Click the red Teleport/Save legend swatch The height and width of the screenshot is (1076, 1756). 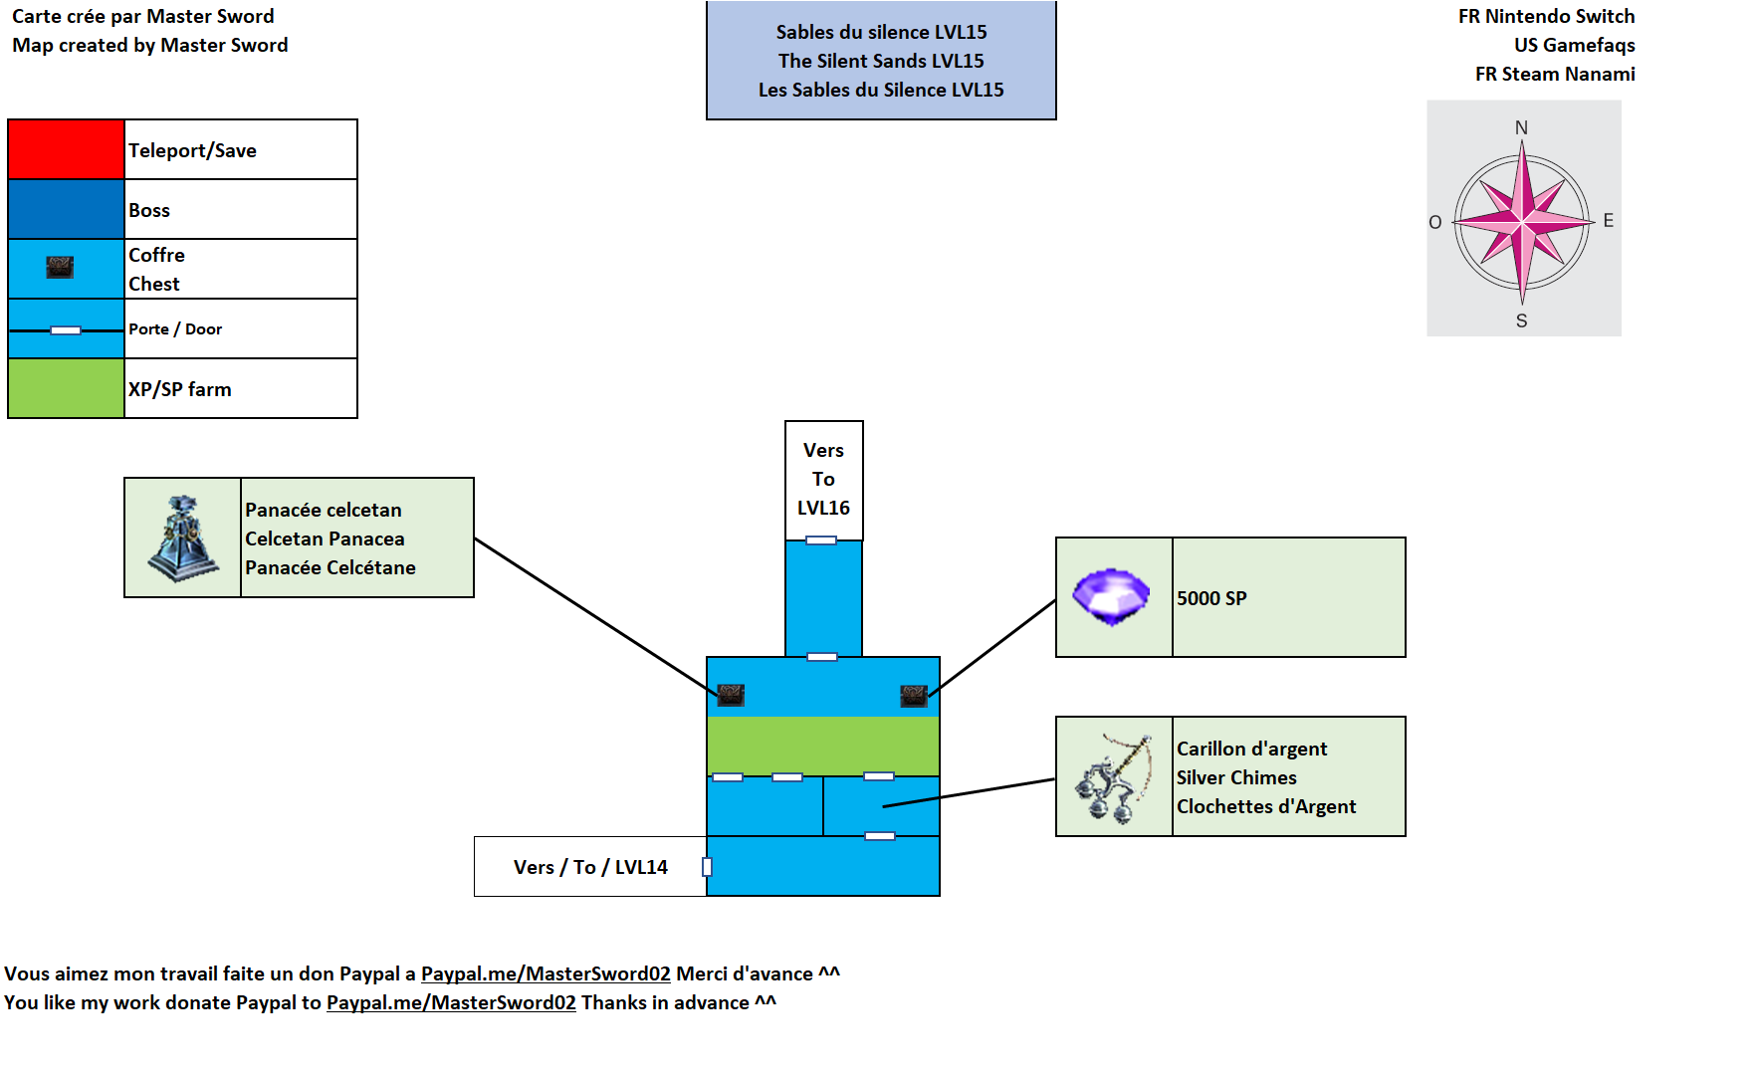66,149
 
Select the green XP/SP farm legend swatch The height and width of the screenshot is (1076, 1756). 66,388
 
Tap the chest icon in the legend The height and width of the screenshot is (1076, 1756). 60,267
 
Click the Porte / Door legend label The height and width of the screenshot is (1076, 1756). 175,329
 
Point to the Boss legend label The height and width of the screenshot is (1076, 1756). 149,210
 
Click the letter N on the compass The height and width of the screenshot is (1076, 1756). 1521,127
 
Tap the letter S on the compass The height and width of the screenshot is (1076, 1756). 1521,321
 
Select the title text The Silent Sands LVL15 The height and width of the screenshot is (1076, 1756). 881,61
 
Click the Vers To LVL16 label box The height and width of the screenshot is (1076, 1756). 823,479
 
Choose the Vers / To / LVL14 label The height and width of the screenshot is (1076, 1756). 590,867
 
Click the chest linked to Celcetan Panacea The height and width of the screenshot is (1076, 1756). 731,695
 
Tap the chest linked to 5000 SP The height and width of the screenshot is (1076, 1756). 914,695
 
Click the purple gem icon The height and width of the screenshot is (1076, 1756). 1111,596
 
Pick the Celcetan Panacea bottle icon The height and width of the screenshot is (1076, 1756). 183,538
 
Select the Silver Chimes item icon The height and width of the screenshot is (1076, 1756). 1113,777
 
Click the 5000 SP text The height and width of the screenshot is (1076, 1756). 1211,598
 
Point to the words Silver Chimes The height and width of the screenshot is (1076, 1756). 1236,777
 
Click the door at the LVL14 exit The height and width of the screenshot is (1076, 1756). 707,867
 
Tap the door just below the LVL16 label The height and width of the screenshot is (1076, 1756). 821,540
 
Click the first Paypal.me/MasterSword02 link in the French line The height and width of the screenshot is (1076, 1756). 546,973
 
